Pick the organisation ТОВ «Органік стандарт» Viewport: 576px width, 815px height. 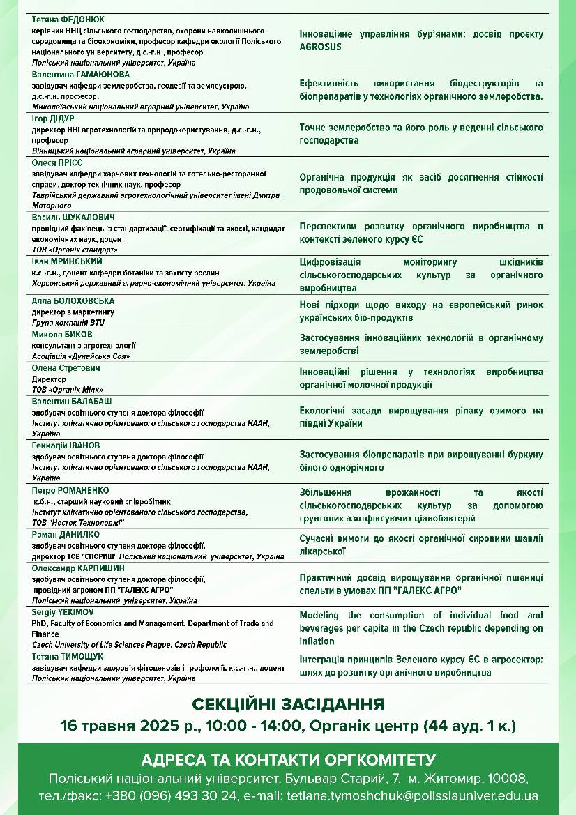pyautogui.click(x=75, y=250)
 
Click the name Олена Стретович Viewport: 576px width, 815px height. pyautogui.click(x=66, y=367)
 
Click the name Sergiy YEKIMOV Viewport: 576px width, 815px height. pyautogui.click(x=63, y=611)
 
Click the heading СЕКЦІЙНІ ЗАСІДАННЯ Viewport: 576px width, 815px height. pyautogui.click(x=287, y=703)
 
